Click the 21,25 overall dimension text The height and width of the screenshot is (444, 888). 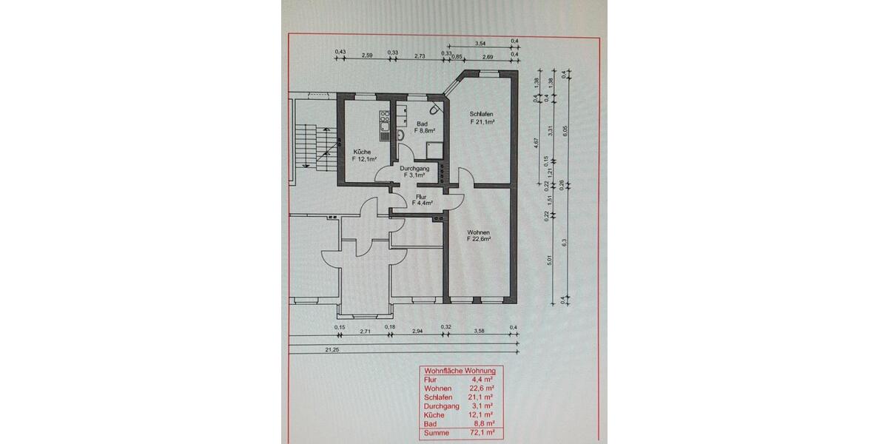tap(332, 349)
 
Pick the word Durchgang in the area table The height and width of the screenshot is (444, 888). tap(441, 405)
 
